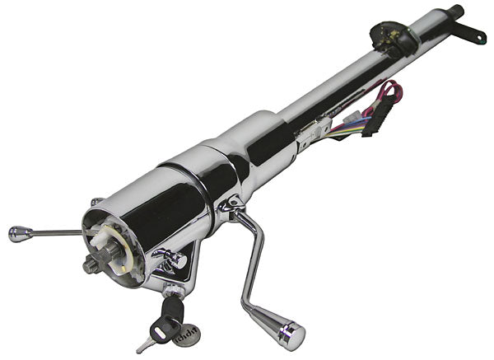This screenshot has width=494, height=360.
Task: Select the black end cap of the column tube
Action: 454,13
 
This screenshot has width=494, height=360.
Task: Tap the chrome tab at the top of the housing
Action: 96,202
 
